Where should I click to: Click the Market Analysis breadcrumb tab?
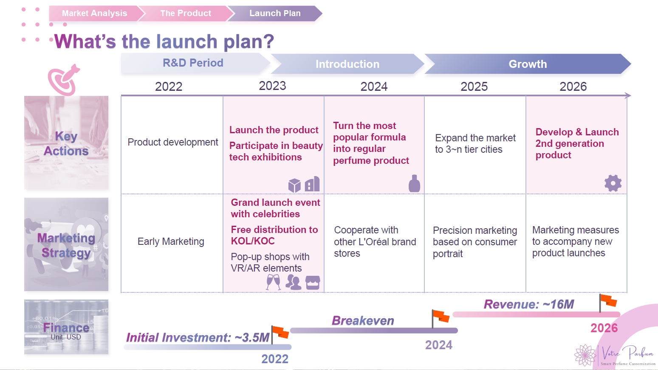point(94,13)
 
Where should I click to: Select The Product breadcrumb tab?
point(186,13)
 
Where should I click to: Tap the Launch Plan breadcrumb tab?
point(275,13)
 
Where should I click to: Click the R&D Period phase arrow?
point(193,63)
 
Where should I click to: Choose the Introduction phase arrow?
point(347,64)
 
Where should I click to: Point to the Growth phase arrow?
point(528,64)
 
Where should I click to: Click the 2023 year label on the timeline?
point(272,86)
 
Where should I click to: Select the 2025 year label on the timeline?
point(474,87)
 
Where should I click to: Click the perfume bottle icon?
point(414,184)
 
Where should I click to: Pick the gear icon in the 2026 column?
point(613,183)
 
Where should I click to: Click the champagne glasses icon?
point(273,282)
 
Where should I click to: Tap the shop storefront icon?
point(313,283)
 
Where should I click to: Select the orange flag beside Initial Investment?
point(280,332)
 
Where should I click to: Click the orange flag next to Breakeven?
point(441,317)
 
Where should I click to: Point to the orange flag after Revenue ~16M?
point(608,301)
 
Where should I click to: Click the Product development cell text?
point(172,142)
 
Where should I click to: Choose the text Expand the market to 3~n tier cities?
point(475,144)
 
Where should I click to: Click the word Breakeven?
point(363,320)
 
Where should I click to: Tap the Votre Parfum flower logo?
point(586,355)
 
